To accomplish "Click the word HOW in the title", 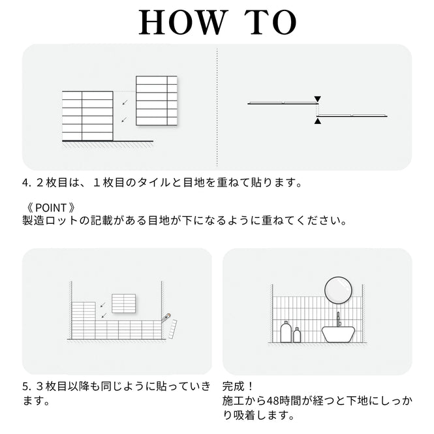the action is (182, 22).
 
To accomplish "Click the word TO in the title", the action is (270, 22).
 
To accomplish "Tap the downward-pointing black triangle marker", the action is (317, 99).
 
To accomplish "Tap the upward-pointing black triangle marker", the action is (317, 121).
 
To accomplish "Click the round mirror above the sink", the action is (338, 290).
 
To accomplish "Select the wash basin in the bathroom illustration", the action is (338, 334).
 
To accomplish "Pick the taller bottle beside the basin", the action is (286, 332).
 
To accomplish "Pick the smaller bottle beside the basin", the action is (297, 335).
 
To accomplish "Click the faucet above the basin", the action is (338, 319).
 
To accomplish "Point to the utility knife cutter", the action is (166, 317).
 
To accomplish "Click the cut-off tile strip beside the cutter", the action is (173, 329).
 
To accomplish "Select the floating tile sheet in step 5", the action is (124, 303).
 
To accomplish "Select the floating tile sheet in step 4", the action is (157, 101).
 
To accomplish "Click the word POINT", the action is (51, 208).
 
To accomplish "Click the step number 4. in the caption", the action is (26, 183).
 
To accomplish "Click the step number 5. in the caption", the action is (26, 386).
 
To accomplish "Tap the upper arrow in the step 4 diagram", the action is (125, 102).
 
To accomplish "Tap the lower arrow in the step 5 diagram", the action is (104, 315).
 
